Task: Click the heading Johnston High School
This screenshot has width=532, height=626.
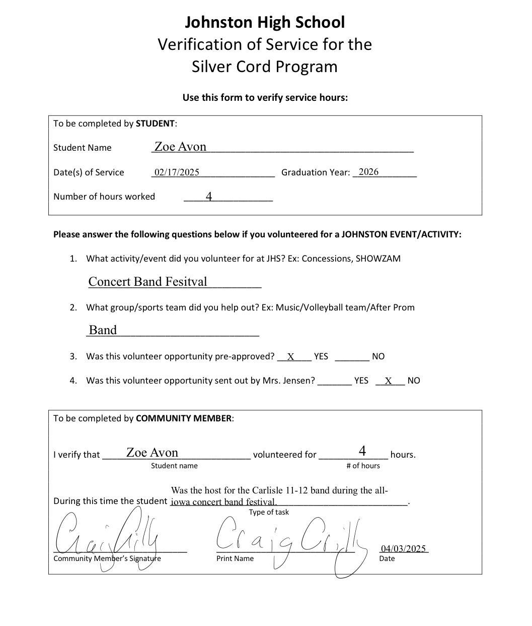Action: click(x=265, y=22)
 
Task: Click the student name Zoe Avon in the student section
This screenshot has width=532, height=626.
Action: click(x=180, y=147)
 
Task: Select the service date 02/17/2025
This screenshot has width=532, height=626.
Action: click(x=177, y=172)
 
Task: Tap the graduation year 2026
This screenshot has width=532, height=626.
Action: click(x=368, y=172)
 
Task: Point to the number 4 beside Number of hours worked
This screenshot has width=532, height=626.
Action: click(x=209, y=196)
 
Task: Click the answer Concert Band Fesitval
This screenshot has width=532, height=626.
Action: click(x=147, y=282)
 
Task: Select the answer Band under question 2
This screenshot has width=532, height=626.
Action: click(x=103, y=330)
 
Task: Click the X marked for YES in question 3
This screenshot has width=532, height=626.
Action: click(x=291, y=357)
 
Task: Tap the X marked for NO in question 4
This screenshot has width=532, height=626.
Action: click(x=389, y=381)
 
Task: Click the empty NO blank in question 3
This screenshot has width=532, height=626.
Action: click(x=352, y=357)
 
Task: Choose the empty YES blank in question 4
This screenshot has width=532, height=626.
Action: click(x=335, y=381)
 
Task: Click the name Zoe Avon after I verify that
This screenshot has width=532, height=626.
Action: click(x=152, y=453)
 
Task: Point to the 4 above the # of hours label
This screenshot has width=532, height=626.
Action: click(x=362, y=451)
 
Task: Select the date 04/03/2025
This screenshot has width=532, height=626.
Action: click(x=403, y=548)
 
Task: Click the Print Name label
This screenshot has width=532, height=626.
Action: click(x=235, y=558)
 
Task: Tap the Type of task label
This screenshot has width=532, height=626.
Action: click(x=269, y=512)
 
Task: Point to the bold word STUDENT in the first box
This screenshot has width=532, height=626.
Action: click(x=155, y=123)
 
